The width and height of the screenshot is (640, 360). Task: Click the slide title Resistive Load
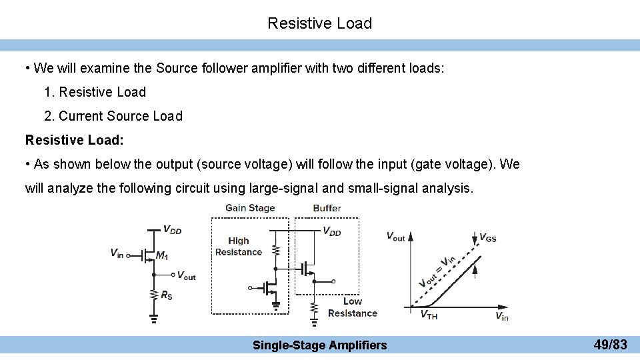coord(319,23)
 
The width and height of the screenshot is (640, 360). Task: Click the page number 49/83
coord(610,345)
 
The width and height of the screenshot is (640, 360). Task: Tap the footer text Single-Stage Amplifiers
coord(319,345)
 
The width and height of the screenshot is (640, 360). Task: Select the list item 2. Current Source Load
coord(113,116)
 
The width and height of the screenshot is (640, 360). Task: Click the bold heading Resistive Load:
coord(74,140)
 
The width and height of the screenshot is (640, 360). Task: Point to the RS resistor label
coord(166,295)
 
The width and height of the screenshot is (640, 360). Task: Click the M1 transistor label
coord(161,255)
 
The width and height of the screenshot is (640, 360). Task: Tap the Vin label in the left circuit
coord(117,253)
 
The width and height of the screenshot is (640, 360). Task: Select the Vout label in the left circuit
coord(186,275)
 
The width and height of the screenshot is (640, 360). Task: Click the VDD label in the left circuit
coord(172,230)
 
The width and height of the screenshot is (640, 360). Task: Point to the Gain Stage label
coord(250,208)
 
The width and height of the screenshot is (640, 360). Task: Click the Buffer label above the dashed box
coord(327,208)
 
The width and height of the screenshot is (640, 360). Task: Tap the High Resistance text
coord(239,246)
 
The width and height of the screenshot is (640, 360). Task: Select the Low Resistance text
coord(353,307)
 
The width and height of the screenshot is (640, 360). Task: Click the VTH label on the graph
coord(429,315)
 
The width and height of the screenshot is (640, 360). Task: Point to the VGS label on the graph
coord(488,237)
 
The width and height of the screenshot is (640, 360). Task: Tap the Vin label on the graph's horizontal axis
coord(502,316)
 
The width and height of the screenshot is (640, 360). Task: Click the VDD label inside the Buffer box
coord(332,231)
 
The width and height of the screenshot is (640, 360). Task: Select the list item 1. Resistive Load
coord(95,92)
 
